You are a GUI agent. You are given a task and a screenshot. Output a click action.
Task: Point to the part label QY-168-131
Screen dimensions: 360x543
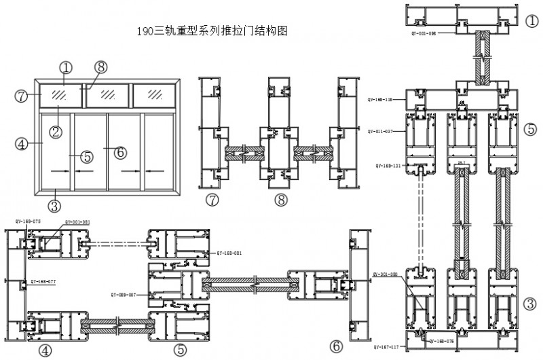(390, 165)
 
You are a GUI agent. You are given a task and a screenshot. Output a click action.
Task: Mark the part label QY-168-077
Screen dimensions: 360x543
(43, 281)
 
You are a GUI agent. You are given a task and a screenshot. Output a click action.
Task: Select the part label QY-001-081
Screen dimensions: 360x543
(78, 221)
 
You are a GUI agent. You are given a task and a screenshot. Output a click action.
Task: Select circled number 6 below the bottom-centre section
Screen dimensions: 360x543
(337, 346)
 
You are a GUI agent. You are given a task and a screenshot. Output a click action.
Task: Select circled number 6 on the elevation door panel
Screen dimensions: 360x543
(120, 152)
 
